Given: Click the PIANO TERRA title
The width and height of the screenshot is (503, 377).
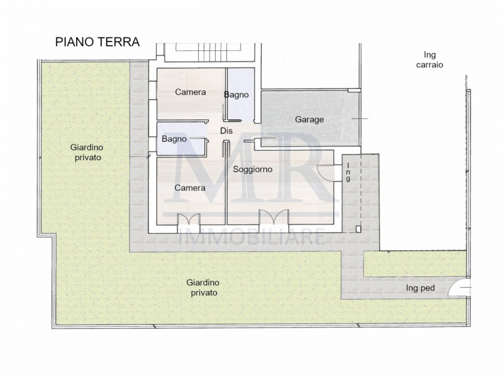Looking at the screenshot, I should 97,42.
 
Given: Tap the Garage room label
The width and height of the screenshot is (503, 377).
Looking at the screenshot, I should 309,119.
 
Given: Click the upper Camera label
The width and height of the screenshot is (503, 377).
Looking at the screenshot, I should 191,92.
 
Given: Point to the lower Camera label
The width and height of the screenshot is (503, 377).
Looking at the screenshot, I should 191,188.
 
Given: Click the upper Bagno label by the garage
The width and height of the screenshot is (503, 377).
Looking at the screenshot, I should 236,95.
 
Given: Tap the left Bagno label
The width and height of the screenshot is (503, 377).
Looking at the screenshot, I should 174,139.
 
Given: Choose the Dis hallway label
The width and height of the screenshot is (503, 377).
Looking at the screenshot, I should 226,131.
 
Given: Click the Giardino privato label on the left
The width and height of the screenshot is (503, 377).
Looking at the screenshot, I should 85,153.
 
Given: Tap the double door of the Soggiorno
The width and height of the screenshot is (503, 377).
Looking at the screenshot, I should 272,217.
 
